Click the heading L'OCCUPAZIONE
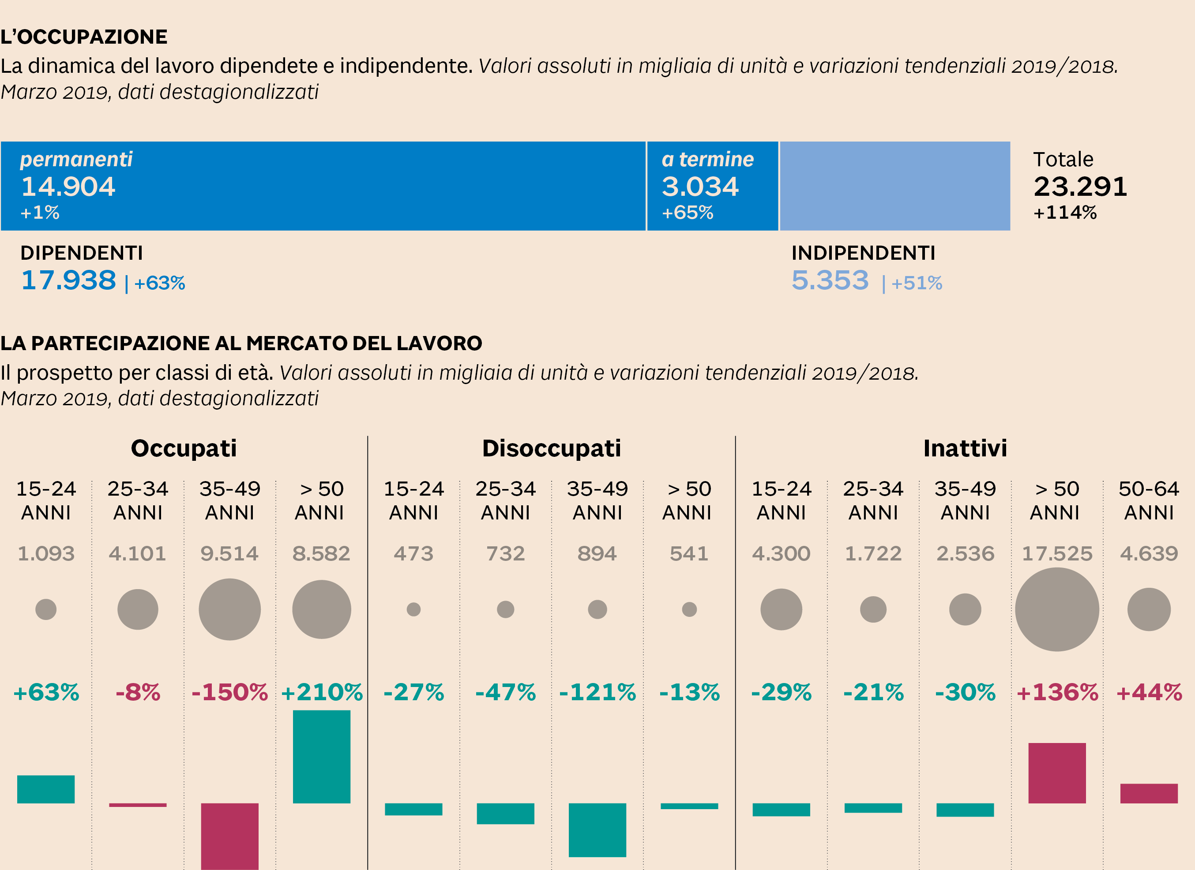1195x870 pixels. click(x=84, y=37)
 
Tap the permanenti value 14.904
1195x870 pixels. click(x=68, y=187)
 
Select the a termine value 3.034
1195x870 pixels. click(x=700, y=187)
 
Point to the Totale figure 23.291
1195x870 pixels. click(x=1080, y=187)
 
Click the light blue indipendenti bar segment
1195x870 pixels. click(x=894, y=186)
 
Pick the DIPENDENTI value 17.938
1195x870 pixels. click(x=68, y=280)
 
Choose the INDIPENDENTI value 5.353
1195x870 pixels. click(x=830, y=280)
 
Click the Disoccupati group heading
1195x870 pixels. click(x=551, y=448)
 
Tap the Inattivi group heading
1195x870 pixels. click(x=965, y=448)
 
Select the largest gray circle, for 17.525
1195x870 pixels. click(x=1056, y=609)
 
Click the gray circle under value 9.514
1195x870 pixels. click(x=230, y=609)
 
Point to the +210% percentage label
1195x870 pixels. click(x=321, y=692)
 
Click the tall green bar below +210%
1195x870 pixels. click(x=321, y=756)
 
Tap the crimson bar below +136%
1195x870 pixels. click(x=1056, y=773)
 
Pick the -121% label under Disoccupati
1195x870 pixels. click(x=597, y=692)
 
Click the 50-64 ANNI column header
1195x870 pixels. click(x=1149, y=500)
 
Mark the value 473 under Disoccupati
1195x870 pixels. click(x=413, y=553)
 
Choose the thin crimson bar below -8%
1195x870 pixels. click(x=138, y=805)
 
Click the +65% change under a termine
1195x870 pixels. click(x=687, y=213)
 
